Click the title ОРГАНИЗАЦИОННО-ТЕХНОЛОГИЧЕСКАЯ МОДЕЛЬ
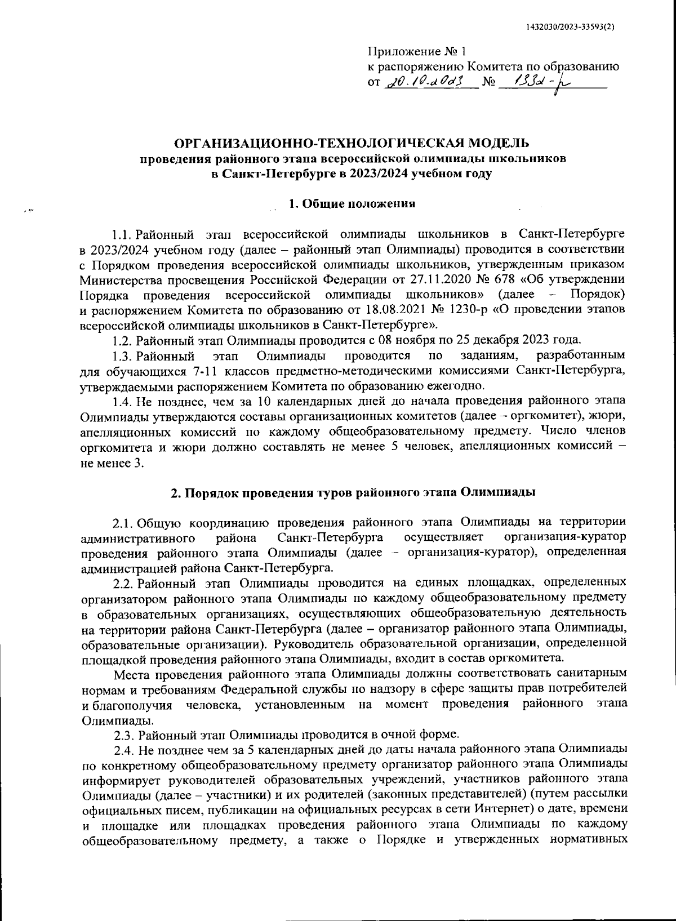(353, 144)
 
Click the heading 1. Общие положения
(352, 204)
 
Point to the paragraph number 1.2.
(122, 340)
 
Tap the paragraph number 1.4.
(122, 401)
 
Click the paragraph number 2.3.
(123, 735)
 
